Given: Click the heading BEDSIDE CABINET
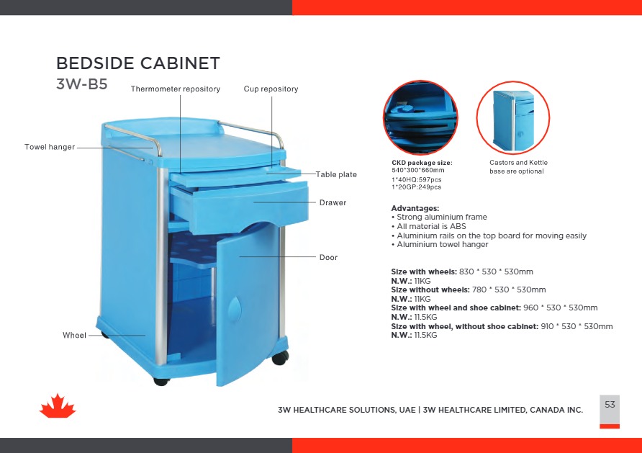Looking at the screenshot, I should coord(137,63).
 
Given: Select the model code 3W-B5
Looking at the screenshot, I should coord(81,84).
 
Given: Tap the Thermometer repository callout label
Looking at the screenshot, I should coord(175,89).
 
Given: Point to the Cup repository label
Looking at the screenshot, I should coord(271,89).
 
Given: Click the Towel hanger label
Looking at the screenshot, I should coord(50,147).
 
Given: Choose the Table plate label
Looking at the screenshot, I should coord(336,175).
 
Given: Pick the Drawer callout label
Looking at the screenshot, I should coord(333,203).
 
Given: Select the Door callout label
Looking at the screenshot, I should coord(328,257).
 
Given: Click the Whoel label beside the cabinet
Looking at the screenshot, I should coord(74,336).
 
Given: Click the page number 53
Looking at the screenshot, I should coord(610,405).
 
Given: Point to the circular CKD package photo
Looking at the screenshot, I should coord(420,117).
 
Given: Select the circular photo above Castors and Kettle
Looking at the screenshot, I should coord(512,117).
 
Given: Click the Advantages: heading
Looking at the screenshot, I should coord(415,208).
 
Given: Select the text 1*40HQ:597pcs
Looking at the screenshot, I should coord(416,179).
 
